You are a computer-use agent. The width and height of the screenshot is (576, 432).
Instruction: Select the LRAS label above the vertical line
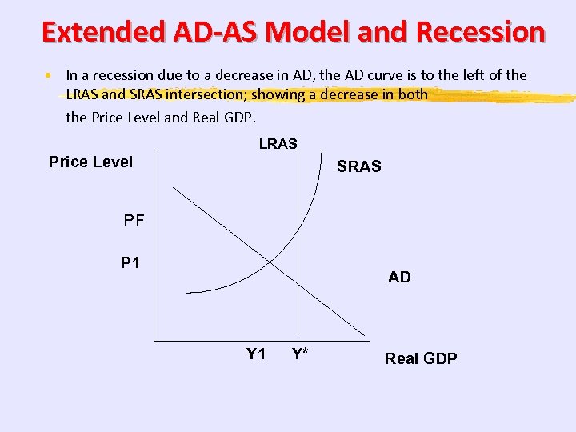[278, 144]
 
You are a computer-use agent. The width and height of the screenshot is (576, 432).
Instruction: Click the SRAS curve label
[358, 167]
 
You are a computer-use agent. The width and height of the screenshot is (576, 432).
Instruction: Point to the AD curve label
[399, 277]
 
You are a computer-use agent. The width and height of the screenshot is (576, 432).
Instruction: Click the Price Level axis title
[90, 162]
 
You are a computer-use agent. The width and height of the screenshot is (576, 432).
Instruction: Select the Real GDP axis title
[421, 358]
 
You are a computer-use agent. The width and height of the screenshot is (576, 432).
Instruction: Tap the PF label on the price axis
[134, 220]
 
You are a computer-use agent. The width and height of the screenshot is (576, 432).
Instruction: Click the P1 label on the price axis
[130, 262]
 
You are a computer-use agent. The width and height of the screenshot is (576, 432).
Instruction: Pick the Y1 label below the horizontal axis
[256, 354]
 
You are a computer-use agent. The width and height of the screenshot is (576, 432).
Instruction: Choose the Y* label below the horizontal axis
[301, 354]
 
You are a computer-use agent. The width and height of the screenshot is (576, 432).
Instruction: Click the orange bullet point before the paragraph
[49, 76]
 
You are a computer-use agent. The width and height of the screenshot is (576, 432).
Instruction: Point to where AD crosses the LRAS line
[298, 284]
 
